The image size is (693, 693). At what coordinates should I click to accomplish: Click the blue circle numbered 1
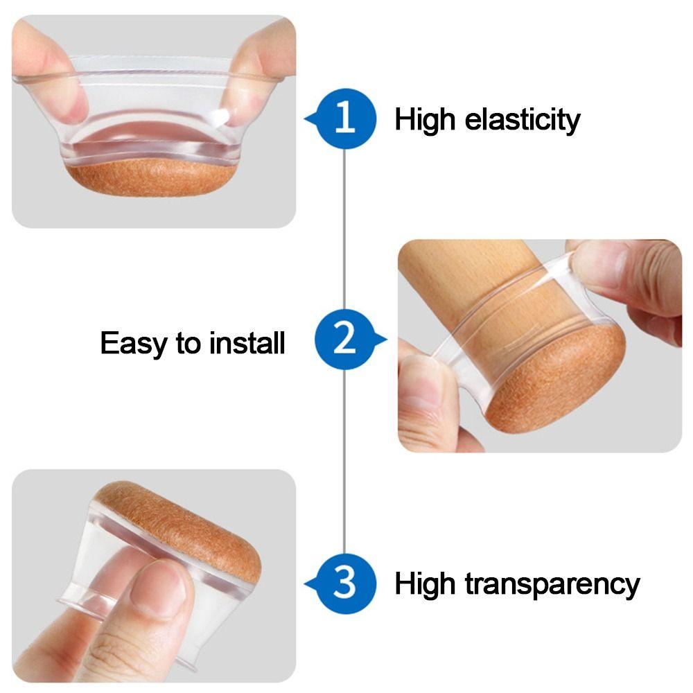(345, 119)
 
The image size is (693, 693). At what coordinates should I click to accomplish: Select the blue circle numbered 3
(345, 584)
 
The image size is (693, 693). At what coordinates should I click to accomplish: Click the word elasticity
(523, 121)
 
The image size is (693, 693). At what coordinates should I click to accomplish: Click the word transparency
(552, 585)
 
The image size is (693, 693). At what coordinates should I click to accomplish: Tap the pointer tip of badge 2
(385, 340)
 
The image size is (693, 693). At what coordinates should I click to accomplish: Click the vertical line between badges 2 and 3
(345, 464)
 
